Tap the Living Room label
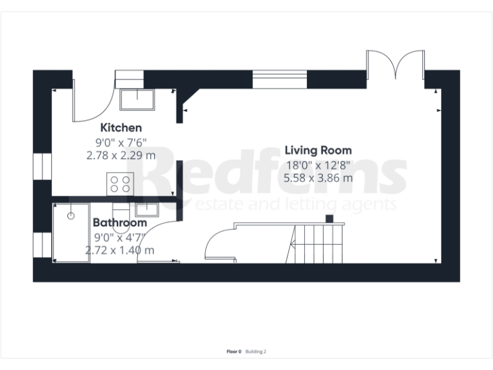click(318, 150)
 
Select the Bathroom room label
click(119, 222)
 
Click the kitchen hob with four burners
click(120, 184)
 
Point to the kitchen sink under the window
click(137, 100)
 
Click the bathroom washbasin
click(146, 209)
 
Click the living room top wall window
click(280, 79)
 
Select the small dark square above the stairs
click(329, 218)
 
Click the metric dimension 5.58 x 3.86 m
click(318, 177)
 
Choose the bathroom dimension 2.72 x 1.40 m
click(121, 250)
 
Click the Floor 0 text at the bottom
click(234, 351)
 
